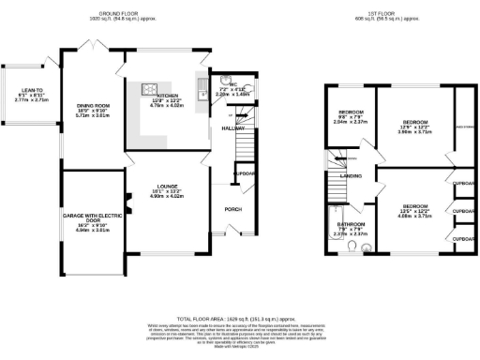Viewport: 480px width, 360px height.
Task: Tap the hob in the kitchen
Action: pyautogui.click(x=149, y=90)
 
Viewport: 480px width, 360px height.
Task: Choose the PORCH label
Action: pyautogui.click(x=232, y=210)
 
